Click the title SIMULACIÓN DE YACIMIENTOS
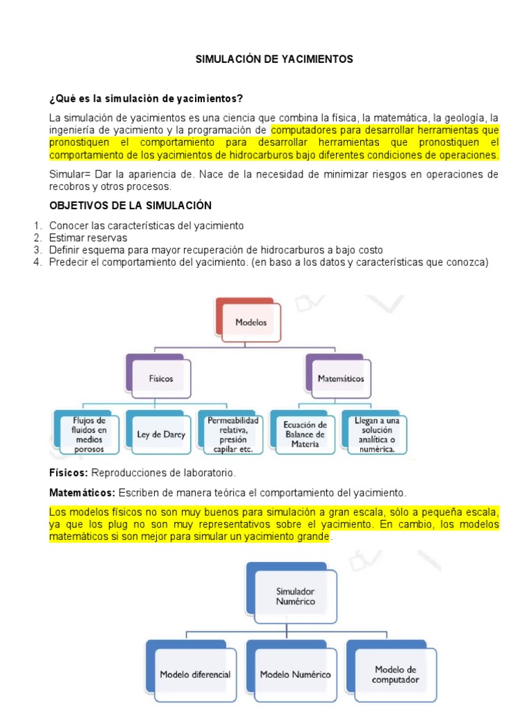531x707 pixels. point(274,59)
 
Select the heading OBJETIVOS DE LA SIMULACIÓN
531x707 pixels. point(131,206)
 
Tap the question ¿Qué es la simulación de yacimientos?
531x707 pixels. point(146,98)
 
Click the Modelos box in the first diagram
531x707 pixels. point(250,322)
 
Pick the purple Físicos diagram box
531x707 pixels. point(161,378)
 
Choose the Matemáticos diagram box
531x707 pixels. point(340,378)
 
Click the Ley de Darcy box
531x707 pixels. point(161,434)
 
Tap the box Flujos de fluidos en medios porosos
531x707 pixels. point(89,434)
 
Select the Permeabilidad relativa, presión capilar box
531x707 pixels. point(232,434)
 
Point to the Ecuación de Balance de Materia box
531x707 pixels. point(305,434)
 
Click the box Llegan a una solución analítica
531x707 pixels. point(375,434)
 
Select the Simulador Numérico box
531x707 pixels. point(295,596)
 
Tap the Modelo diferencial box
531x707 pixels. point(195,674)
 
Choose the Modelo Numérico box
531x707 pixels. point(295,674)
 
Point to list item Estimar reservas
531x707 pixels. point(88,238)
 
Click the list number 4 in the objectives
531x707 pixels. point(37,262)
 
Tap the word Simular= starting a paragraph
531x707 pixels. point(71,175)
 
